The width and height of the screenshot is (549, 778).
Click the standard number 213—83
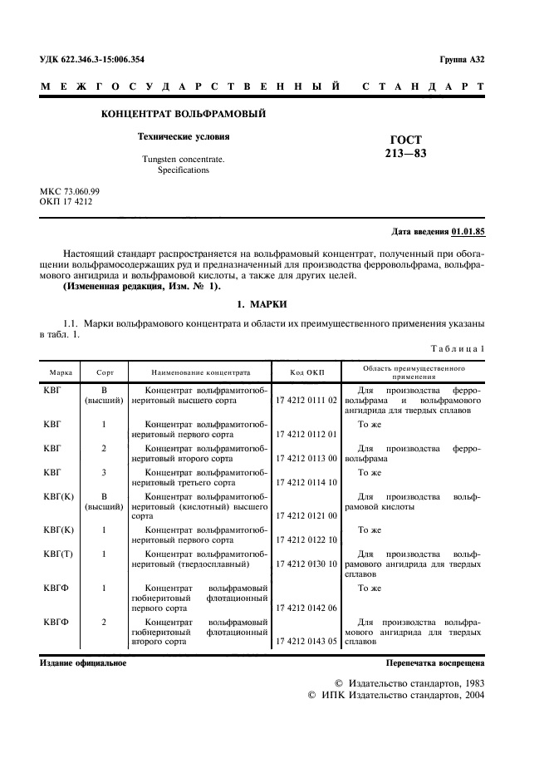tap(405, 153)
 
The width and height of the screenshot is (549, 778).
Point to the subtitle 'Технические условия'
tap(183, 135)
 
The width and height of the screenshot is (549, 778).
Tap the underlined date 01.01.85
tap(469, 231)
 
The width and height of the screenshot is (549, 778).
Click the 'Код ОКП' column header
tap(307, 372)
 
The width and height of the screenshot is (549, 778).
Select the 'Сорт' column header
tap(105, 372)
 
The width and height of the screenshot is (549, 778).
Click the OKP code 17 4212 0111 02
tap(306, 400)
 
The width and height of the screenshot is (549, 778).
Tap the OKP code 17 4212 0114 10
tap(306, 482)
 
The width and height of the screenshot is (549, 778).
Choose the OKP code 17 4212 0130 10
tap(306, 564)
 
